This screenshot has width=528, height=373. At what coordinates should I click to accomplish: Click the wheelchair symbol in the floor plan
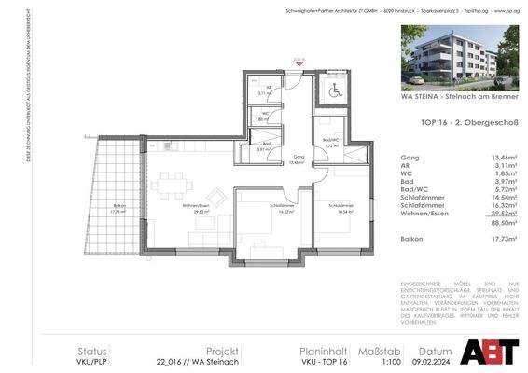coord(334,92)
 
